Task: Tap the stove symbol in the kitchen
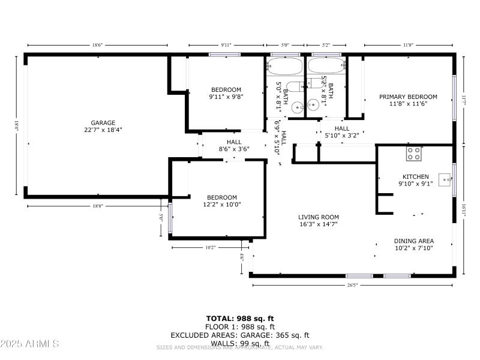413,153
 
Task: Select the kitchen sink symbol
445,178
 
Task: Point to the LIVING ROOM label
319,217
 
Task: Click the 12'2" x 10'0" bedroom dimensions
222,205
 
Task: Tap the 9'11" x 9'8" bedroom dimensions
225,97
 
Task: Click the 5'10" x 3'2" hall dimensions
342,136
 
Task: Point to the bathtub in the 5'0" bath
285,65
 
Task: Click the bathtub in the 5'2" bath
326,65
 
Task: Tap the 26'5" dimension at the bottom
352,285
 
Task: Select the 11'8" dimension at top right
409,45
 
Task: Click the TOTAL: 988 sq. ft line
240,319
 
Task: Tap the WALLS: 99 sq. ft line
240,343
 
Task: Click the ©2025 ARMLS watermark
29,344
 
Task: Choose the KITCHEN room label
415,176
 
